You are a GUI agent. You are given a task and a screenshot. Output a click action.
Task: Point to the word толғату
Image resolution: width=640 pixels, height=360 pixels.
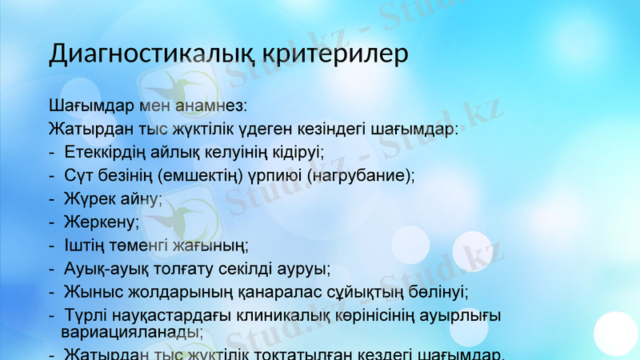[x=189, y=268]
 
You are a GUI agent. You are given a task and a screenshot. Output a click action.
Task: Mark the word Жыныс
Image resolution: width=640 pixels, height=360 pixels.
[x=90, y=291]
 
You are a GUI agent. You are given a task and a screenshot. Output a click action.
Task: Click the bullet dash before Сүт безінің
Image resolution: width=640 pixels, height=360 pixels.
[x=52, y=175]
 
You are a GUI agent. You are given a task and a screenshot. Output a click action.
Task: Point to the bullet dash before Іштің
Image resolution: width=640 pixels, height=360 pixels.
[x=52, y=245]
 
